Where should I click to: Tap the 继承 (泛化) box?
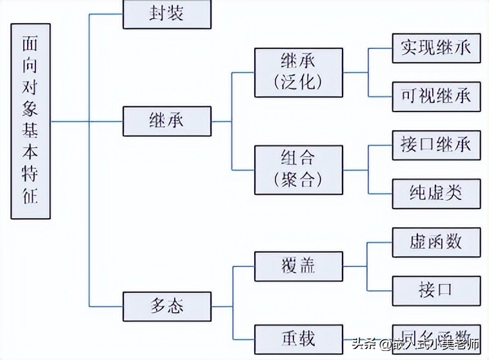(x=297, y=71)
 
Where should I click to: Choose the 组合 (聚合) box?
(x=297, y=170)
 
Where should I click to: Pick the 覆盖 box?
(x=297, y=265)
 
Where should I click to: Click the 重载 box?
(x=297, y=338)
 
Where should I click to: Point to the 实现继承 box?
(x=436, y=48)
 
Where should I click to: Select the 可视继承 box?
(x=436, y=95)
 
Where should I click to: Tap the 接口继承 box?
(x=436, y=145)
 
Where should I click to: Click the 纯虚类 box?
(x=436, y=193)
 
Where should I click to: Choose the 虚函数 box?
(x=436, y=243)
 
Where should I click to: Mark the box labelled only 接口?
(x=436, y=290)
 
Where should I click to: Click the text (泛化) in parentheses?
(x=297, y=81)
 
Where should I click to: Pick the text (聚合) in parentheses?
(x=297, y=179)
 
